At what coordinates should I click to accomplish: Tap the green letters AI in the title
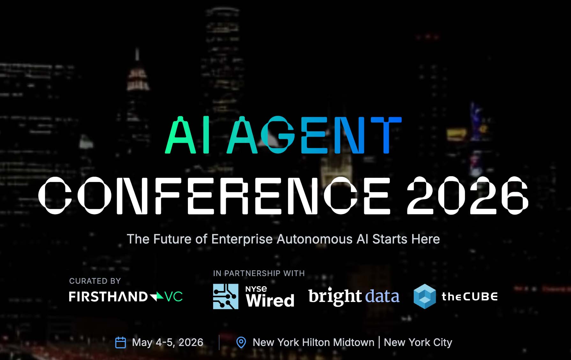coord(187,135)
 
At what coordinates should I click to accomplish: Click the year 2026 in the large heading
coord(467,195)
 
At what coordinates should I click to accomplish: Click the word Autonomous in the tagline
coord(315,239)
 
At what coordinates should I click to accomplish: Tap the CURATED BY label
coord(95,281)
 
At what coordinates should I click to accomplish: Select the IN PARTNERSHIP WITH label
coord(259,273)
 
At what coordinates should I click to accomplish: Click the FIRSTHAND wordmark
coord(108,296)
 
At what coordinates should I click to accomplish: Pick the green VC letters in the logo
coord(174,296)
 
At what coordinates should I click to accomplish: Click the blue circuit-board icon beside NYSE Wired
coord(226,296)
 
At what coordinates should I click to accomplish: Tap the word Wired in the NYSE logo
coord(270,301)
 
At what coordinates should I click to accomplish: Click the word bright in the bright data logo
coord(335,296)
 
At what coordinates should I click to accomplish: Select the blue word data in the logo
coord(382,296)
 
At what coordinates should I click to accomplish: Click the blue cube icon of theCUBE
coord(425,296)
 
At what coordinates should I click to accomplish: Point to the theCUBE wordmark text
coord(469,296)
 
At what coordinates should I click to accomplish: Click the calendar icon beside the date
coord(120,342)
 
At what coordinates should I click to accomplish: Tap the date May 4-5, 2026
coord(167,342)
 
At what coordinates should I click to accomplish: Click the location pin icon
coord(241,342)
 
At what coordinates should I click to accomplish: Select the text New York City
coord(418,342)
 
